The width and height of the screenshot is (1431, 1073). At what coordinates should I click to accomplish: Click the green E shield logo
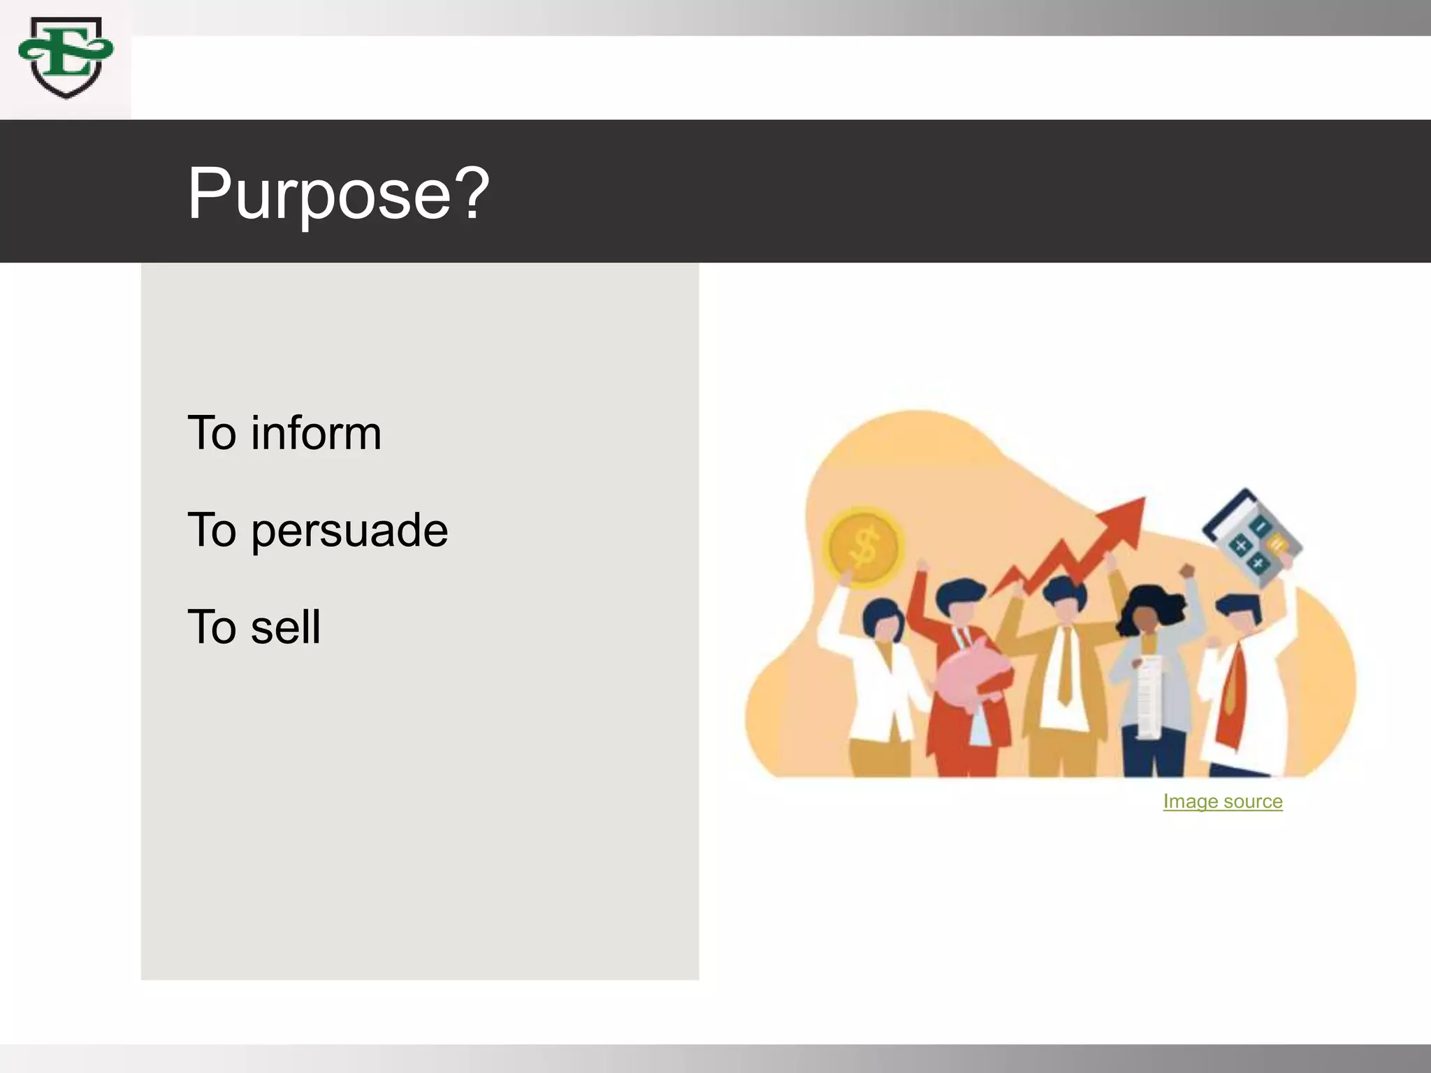(x=66, y=58)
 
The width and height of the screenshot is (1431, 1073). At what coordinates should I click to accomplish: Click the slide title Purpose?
(x=338, y=194)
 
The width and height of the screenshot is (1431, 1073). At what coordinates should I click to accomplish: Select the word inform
(x=316, y=433)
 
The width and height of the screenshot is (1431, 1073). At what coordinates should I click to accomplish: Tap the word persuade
(x=349, y=530)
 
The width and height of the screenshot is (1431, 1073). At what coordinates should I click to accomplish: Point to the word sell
(x=286, y=627)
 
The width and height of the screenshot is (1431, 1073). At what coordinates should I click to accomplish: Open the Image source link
(x=1222, y=801)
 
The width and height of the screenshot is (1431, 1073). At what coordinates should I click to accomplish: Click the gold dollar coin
(x=864, y=546)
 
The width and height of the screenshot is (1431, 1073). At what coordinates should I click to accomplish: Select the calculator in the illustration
(x=1252, y=534)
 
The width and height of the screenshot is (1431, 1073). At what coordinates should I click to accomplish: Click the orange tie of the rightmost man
(x=1232, y=692)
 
